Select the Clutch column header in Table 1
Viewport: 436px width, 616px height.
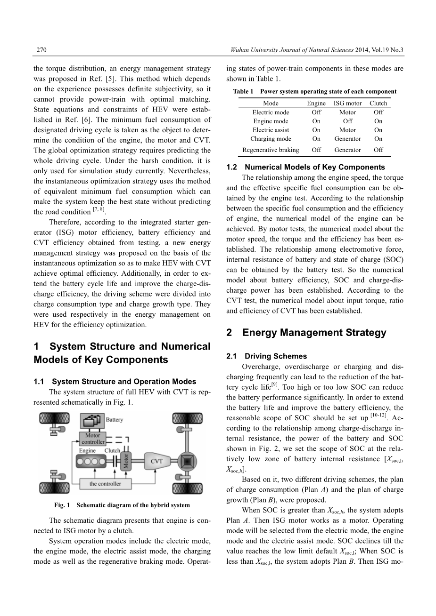378,103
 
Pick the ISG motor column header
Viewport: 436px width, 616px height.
347,103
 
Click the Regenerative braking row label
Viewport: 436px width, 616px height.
271,150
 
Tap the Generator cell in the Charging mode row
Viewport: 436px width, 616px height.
347,139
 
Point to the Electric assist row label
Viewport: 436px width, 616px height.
271,130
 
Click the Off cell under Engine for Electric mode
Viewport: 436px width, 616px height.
316,112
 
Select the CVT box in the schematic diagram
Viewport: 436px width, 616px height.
156,461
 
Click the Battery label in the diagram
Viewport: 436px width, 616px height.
114,419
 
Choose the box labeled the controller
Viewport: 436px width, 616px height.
105,483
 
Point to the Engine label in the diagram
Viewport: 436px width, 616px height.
87,450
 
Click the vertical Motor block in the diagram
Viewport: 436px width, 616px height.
126,462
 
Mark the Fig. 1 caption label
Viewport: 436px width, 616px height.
62,505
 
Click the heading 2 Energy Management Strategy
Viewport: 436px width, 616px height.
306,333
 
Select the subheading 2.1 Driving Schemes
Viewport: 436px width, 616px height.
266,356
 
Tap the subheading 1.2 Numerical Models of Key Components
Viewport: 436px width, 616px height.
305,167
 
